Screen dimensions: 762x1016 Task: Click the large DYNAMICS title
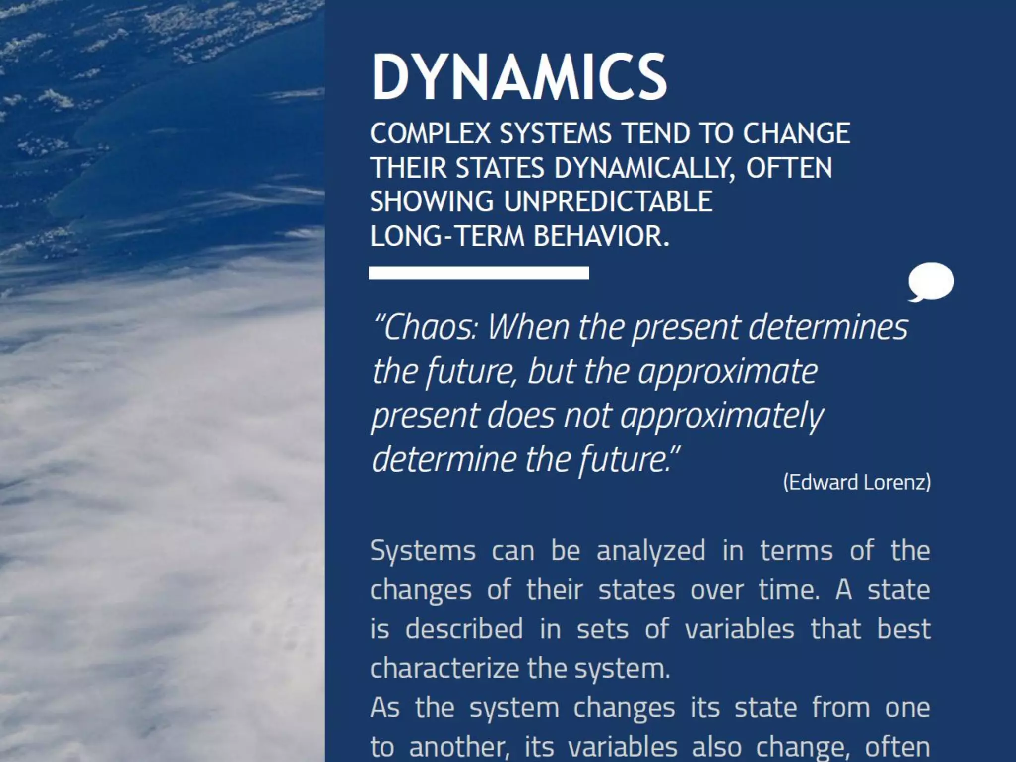click(x=519, y=77)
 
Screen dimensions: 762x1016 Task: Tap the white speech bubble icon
click(x=931, y=281)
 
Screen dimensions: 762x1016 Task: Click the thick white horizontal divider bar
click(x=479, y=273)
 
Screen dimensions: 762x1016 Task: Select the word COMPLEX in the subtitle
click(x=430, y=134)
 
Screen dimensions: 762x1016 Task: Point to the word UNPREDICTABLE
click(x=608, y=201)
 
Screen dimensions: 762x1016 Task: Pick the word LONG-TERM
click(x=447, y=236)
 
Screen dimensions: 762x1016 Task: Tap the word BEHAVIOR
click(x=601, y=236)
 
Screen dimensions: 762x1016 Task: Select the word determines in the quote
click(x=828, y=328)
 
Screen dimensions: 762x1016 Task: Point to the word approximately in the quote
click(x=722, y=416)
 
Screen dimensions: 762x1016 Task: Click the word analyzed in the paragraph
click(x=650, y=551)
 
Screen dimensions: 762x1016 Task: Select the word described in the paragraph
click(x=464, y=629)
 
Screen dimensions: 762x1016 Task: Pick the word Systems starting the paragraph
click(x=423, y=551)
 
